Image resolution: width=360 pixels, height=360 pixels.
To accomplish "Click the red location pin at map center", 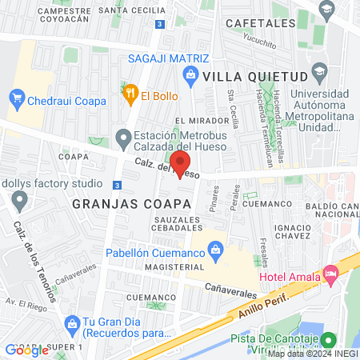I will coord(180,169).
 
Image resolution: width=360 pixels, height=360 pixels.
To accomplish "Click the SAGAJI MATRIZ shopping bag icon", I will coord(190,76).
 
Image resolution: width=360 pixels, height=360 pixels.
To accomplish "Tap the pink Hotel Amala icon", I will coord(330,275).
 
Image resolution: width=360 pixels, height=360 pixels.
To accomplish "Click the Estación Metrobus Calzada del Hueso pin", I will coord(122,140).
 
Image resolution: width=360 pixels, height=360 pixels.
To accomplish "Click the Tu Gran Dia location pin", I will coord(73,324).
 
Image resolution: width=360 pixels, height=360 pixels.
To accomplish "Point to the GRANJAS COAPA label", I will coord(132,203).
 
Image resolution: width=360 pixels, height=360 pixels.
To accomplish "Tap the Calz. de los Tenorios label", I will coord(30,249).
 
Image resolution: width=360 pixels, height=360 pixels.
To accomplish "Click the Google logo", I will coord(26,350).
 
